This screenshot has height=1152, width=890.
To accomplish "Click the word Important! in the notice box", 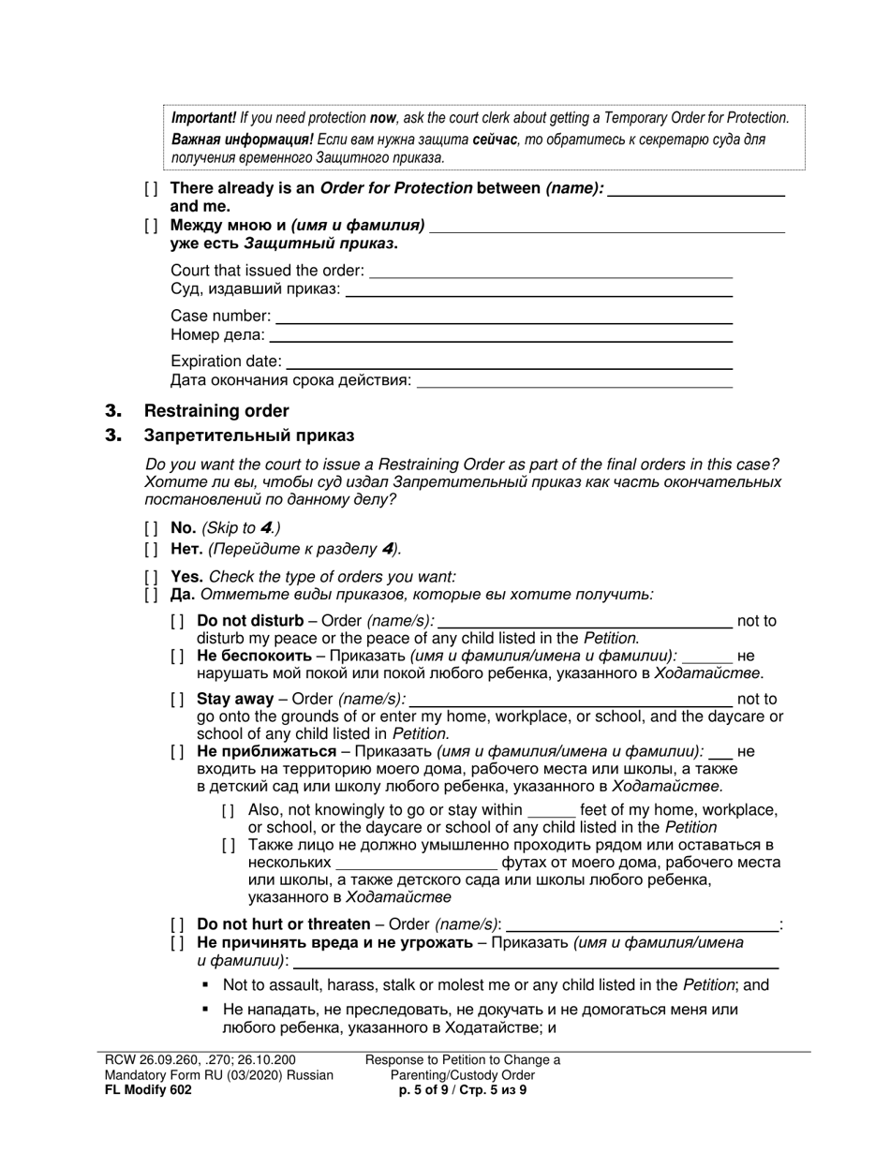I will (x=203, y=118).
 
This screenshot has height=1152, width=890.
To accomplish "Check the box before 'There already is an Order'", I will (x=151, y=188).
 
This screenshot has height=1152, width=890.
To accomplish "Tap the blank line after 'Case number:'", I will (x=502, y=317).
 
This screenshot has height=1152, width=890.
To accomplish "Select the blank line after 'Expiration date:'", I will (x=508, y=362).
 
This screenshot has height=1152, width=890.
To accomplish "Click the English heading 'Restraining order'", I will (x=216, y=411).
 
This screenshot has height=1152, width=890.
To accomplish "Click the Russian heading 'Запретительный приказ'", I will (x=248, y=436).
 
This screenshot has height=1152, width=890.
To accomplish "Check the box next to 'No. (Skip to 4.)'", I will (x=151, y=528).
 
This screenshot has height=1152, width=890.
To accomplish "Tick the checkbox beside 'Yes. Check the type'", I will (x=151, y=577).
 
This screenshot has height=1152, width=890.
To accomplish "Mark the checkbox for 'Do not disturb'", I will (x=177, y=621).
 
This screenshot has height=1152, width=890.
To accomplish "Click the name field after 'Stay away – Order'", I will (x=571, y=699).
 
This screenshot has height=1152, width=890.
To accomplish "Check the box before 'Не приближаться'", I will (x=177, y=751).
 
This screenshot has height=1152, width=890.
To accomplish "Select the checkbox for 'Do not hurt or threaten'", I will (x=177, y=924).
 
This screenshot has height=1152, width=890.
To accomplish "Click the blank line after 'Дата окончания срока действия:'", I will (x=573, y=381).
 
